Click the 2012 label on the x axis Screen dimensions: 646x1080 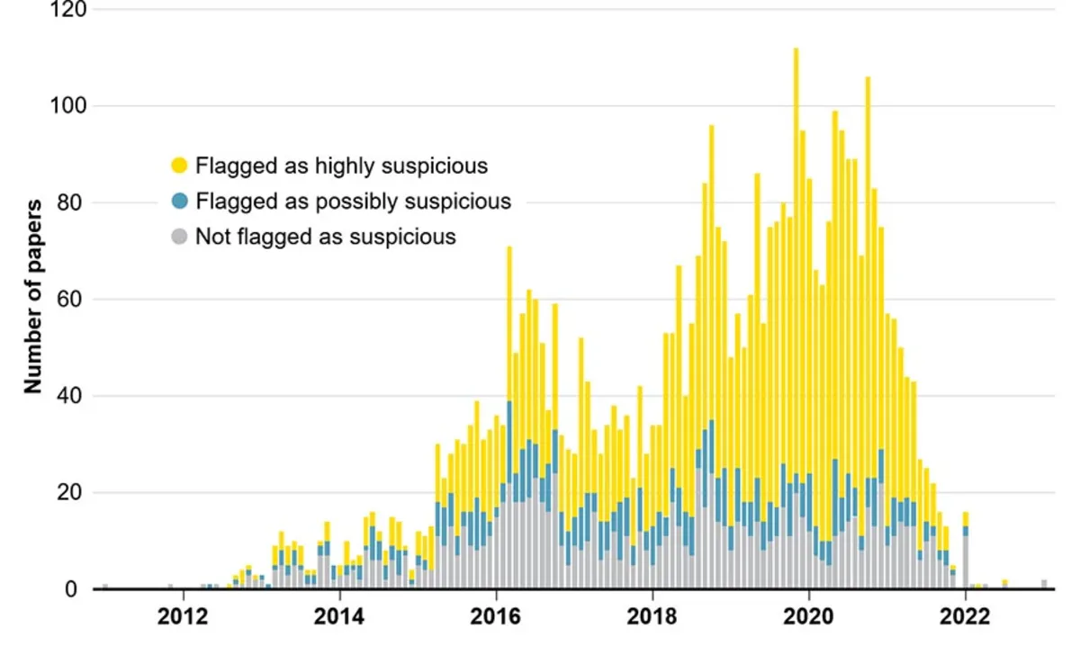(x=184, y=618)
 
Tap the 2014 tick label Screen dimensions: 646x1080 (x=339, y=618)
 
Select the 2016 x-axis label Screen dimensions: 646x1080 (x=496, y=618)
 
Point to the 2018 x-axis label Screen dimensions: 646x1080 (x=652, y=618)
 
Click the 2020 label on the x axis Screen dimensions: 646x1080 (x=809, y=618)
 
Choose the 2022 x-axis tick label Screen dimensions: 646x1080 (x=966, y=618)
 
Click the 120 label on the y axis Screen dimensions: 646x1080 (x=68, y=10)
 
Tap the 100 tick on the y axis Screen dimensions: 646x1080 (x=68, y=106)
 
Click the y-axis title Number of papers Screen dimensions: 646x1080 (x=34, y=297)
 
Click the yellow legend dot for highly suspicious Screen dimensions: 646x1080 (x=179, y=166)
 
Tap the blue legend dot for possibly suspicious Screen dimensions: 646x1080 (x=179, y=202)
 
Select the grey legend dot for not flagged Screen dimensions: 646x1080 (x=179, y=238)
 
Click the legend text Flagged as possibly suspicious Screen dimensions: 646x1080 (x=353, y=202)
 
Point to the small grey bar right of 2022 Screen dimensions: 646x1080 (x=1044, y=584)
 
